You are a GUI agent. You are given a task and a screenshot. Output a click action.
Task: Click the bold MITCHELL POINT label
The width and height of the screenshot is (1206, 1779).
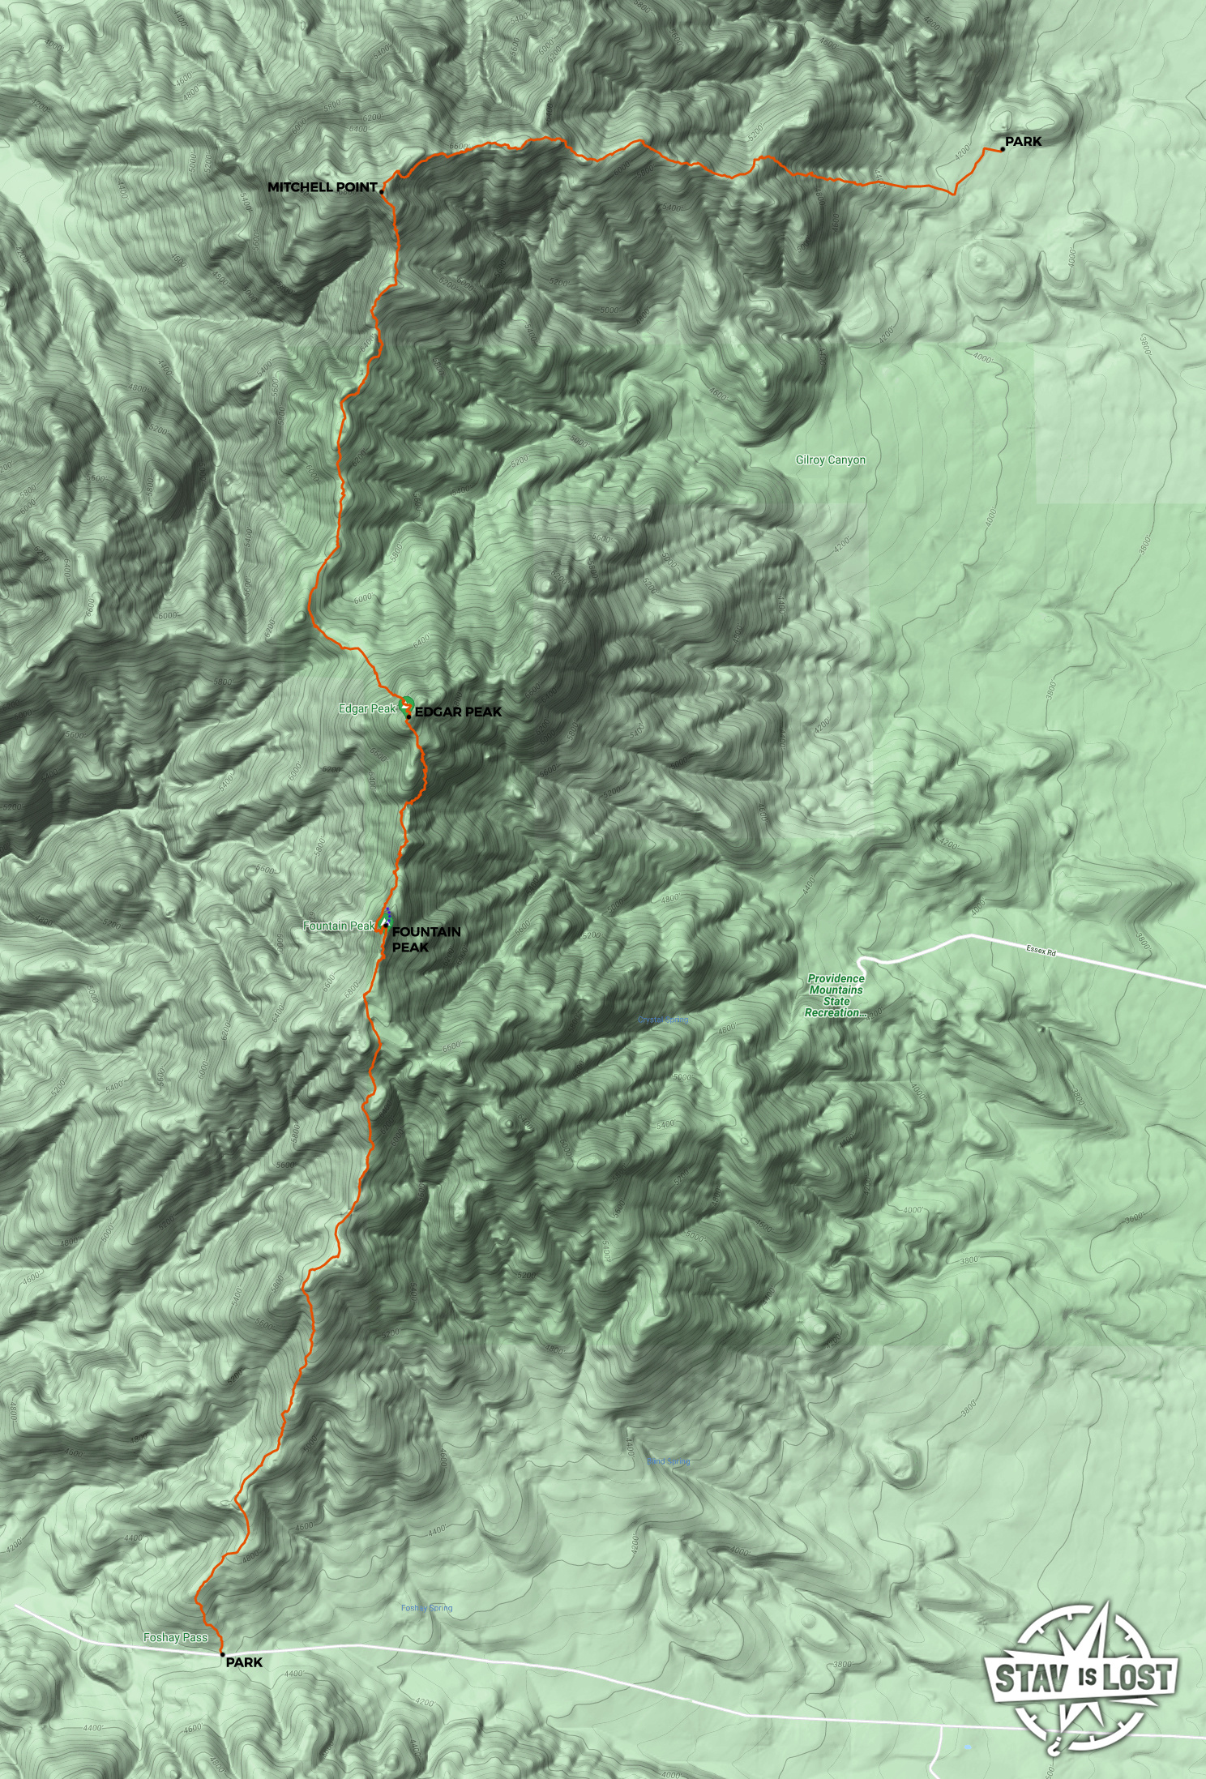tap(322, 187)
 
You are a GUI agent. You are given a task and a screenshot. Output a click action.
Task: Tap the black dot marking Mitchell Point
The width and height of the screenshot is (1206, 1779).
tap(381, 192)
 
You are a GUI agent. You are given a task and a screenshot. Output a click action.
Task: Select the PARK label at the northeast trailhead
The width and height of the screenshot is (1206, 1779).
tap(1023, 142)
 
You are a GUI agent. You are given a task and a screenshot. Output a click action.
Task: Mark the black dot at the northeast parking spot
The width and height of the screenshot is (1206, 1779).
tap(1003, 149)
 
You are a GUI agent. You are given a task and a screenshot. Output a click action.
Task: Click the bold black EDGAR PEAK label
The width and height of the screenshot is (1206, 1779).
tap(458, 712)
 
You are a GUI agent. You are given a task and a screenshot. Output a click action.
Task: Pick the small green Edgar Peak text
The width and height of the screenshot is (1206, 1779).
tap(367, 708)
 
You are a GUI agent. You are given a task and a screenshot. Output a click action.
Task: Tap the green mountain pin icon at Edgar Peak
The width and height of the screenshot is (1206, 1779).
tap(406, 704)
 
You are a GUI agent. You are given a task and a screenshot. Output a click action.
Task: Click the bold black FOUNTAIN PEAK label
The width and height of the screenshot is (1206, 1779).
tap(426, 939)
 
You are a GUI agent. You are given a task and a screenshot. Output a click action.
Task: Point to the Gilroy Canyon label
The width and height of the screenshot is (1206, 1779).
tap(830, 460)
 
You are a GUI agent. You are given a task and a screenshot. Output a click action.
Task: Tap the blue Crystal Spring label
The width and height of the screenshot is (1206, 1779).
tap(662, 1020)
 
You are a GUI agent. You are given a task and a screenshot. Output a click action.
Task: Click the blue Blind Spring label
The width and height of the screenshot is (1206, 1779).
tap(669, 1461)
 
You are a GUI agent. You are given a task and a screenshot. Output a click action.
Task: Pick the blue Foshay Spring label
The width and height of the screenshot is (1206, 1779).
tap(426, 1608)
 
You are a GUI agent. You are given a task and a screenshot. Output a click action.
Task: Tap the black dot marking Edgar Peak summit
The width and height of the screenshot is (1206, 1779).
tap(408, 717)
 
